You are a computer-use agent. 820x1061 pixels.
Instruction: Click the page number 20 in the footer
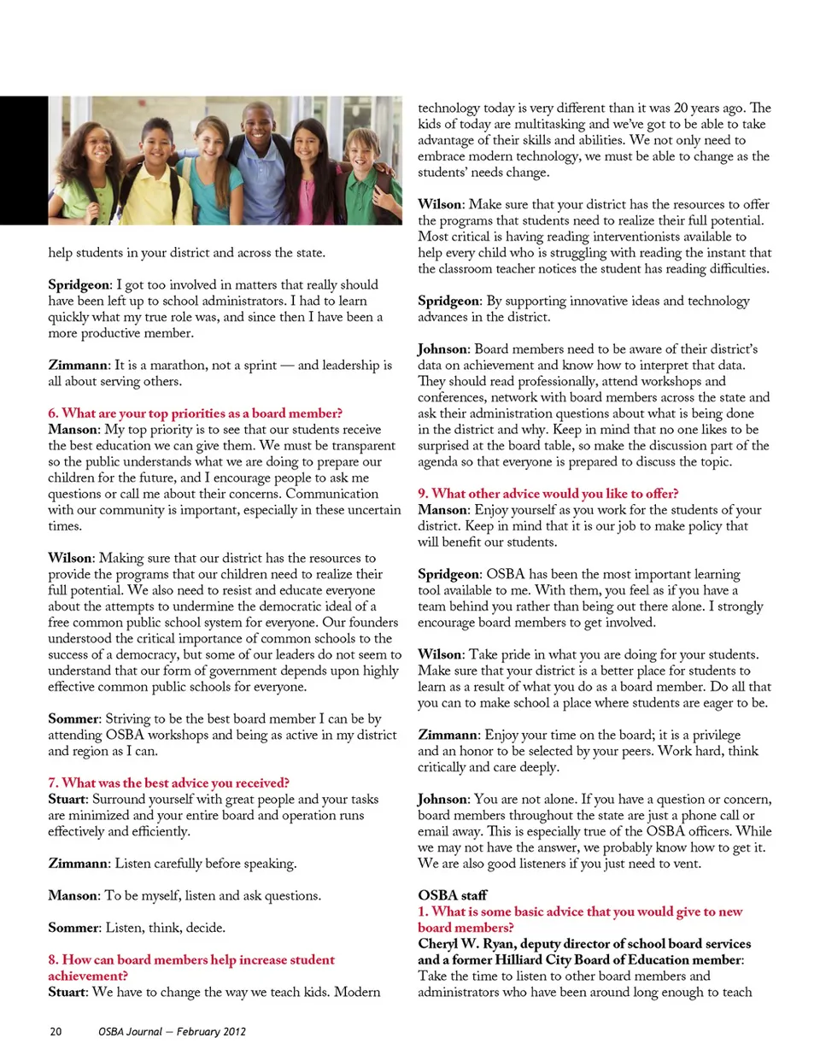click(56, 1031)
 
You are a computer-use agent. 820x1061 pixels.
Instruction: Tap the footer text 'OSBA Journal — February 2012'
click(172, 1031)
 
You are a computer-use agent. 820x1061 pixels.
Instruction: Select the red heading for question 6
click(195, 413)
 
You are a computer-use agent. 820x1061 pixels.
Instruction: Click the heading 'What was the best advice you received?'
click(168, 783)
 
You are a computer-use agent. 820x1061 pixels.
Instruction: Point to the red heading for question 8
click(191, 968)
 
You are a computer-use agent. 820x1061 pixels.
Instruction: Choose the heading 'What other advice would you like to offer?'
click(548, 494)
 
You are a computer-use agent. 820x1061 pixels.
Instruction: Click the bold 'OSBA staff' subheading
click(452, 895)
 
